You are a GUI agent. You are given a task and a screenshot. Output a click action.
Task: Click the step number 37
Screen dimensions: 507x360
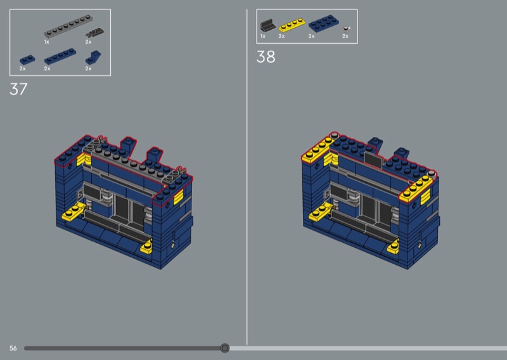18,89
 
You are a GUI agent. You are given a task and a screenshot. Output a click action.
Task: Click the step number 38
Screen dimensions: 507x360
266,56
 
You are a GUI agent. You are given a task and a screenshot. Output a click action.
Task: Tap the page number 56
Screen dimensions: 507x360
13,348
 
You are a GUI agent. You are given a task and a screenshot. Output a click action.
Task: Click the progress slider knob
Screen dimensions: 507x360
225,348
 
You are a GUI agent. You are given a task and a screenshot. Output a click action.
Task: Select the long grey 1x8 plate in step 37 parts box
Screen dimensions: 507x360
68,27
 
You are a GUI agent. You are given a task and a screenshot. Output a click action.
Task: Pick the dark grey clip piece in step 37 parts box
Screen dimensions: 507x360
94,32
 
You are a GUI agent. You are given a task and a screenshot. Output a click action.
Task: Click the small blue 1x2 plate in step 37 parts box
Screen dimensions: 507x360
27,60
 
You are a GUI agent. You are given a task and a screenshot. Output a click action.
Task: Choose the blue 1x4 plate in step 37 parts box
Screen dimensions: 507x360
60,56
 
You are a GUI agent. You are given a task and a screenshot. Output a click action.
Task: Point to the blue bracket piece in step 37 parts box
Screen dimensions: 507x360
93,57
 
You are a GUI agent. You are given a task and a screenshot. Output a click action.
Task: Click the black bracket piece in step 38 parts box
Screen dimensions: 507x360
267,25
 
